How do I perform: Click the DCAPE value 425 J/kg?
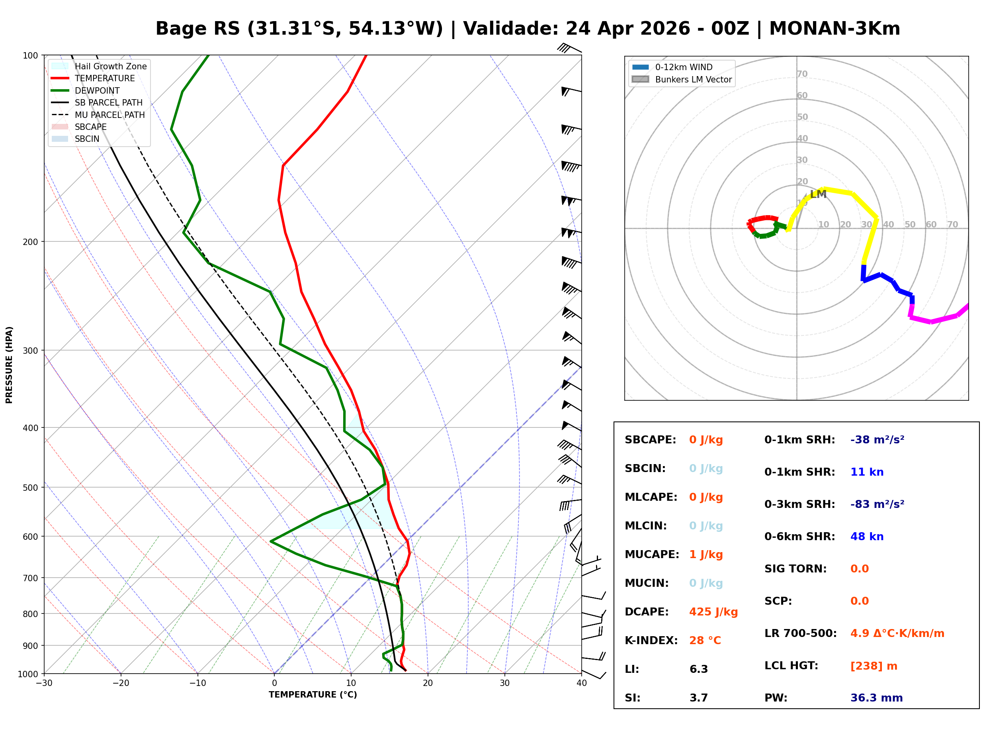[713, 611]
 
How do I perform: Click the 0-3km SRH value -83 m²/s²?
[877, 504]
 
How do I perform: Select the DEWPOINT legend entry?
[97, 90]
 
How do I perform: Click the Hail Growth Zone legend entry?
[110, 66]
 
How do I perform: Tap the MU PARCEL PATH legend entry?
[109, 115]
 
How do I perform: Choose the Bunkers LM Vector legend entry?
[693, 79]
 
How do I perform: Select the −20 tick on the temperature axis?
[121, 683]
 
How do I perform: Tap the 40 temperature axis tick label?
[581, 683]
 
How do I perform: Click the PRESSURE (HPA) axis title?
[9, 364]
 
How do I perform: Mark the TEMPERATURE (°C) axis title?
[313, 695]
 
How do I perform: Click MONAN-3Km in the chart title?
[834, 29]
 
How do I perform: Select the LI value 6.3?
[698, 669]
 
